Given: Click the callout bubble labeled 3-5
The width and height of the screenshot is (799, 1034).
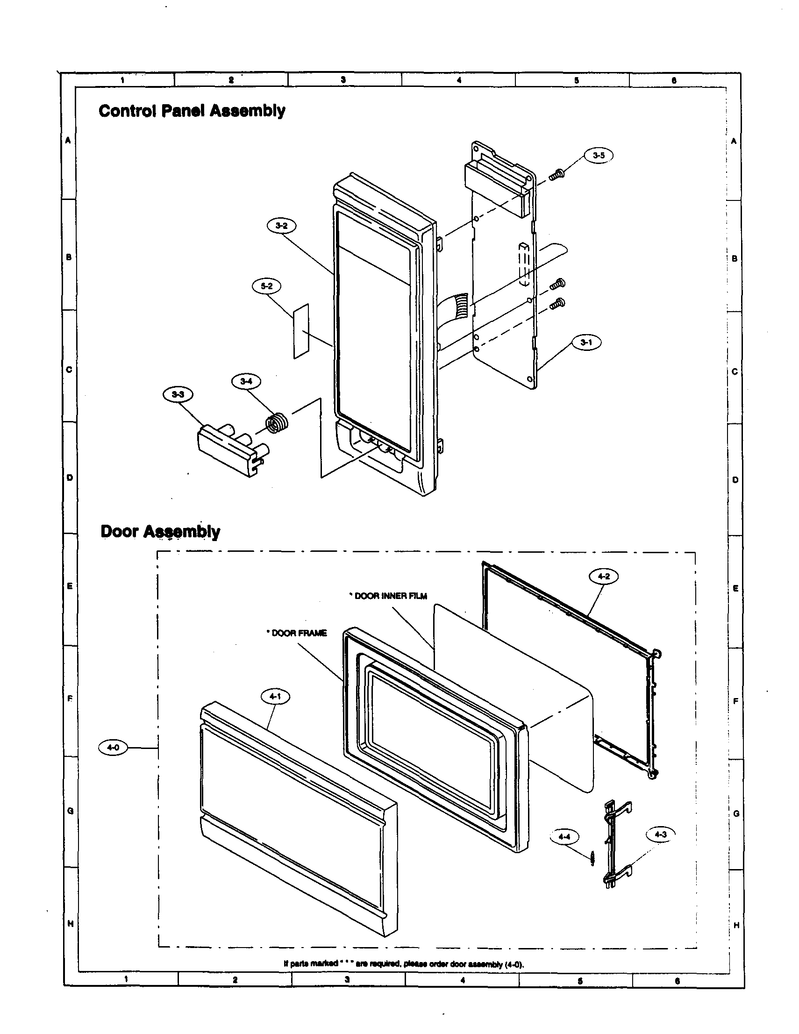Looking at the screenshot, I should click(x=598, y=156).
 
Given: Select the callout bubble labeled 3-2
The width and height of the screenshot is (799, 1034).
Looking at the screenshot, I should click(x=281, y=226).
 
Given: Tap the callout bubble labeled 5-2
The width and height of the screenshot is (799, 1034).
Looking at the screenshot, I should click(x=266, y=286).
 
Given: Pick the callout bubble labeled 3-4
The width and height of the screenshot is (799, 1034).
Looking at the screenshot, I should click(x=246, y=381).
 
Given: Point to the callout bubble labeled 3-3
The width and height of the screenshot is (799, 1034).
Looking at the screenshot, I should click(x=178, y=394).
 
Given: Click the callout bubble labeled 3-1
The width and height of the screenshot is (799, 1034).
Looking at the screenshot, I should click(x=586, y=343).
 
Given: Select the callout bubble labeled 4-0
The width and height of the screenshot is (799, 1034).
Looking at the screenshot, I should click(x=113, y=748).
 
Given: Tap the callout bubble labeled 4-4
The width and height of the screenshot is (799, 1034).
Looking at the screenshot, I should click(x=564, y=837).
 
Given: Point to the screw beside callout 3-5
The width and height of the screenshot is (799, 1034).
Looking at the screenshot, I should click(x=556, y=175).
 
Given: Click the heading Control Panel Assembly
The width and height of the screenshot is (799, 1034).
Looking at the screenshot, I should click(x=192, y=111).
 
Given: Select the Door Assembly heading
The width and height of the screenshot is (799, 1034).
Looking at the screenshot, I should click(x=160, y=531).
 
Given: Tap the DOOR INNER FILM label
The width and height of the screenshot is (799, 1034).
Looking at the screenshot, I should click(x=388, y=596).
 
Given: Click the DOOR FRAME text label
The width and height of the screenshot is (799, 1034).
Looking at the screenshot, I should click(x=297, y=633).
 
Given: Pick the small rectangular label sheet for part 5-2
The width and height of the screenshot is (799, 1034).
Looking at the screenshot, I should click(x=301, y=331).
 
